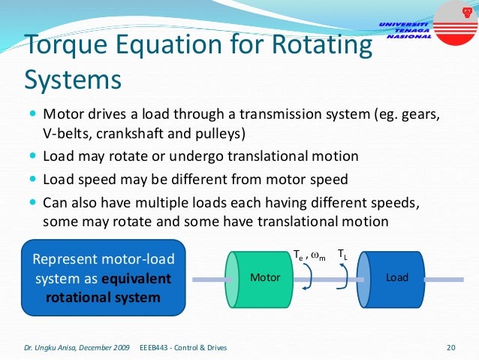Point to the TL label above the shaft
[x=342, y=256]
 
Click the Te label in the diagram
[x=298, y=256]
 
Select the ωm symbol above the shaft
[x=318, y=256]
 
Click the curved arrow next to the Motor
[x=306, y=277]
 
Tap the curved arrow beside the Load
[x=343, y=277]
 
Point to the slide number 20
[x=451, y=347]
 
